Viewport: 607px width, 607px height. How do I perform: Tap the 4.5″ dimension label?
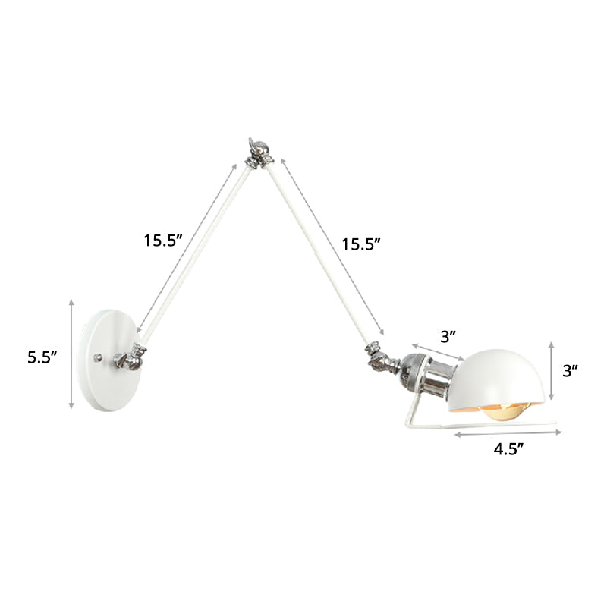click(x=510, y=448)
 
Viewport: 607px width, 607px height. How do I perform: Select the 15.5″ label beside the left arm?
click(x=165, y=241)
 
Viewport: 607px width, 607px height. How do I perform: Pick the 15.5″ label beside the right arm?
click(x=360, y=244)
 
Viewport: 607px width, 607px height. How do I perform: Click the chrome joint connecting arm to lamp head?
click(x=379, y=353)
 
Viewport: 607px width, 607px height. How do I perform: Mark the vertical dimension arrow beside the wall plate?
click(x=71, y=354)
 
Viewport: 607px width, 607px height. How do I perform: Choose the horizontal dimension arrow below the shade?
click(x=508, y=433)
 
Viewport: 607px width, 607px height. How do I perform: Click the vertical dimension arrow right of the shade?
click(x=552, y=371)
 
